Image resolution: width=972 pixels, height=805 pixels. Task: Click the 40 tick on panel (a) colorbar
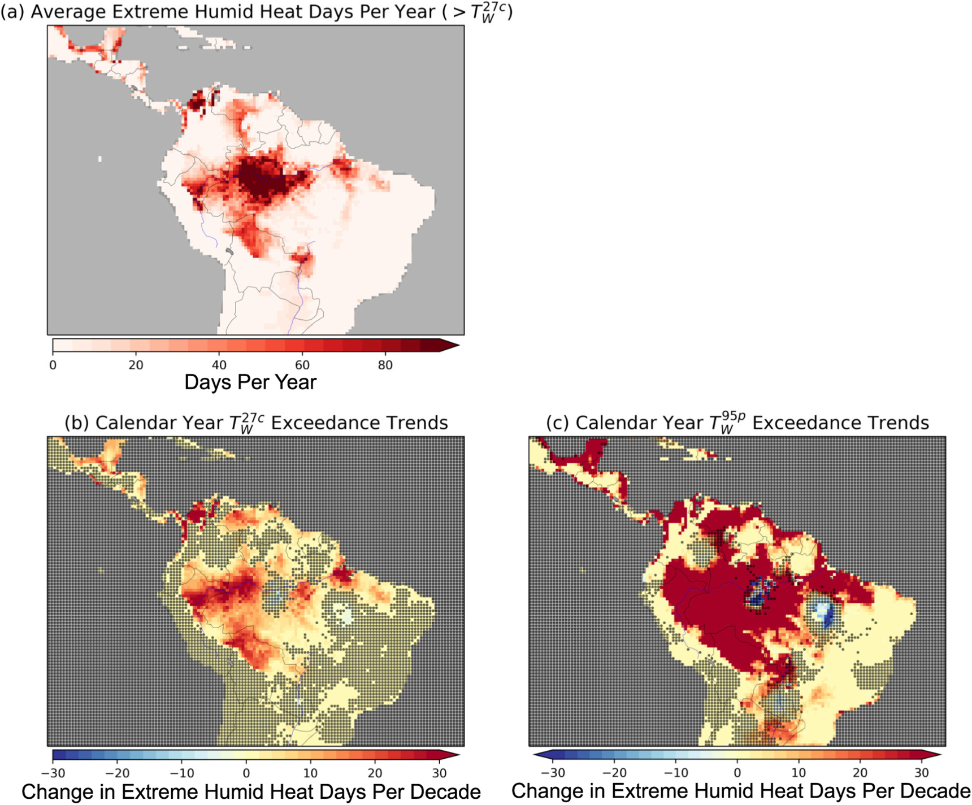click(x=219, y=365)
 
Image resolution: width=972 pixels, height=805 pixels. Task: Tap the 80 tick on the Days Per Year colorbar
click(x=385, y=365)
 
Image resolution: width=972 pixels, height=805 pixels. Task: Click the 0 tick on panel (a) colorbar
click(x=53, y=365)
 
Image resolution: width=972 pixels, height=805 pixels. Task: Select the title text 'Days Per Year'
click(x=250, y=382)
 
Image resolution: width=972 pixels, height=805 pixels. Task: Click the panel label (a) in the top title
click(x=12, y=12)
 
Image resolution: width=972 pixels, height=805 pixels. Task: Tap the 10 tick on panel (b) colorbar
click(x=310, y=773)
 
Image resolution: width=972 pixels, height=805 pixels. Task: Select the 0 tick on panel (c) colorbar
click(x=737, y=773)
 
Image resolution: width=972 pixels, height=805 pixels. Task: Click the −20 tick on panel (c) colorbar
click(x=614, y=773)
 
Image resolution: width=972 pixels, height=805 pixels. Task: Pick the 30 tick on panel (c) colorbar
click(x=921, y=773)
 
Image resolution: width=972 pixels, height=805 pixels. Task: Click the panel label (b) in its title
click(x=77, y=423)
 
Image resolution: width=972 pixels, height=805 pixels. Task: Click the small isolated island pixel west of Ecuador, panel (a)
click(x=100, y=159)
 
